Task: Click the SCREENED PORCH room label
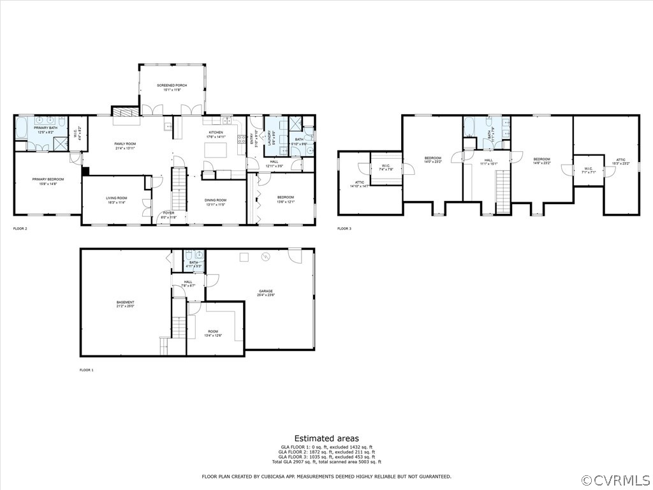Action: (x=172, y=85)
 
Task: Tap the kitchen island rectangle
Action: (x=215, y=151)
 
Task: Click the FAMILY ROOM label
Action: (x=125, y=144)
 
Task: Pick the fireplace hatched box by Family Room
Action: (x=125, y=112)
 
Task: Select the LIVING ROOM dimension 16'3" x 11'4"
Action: (x=116, y=203)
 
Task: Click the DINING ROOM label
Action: (x=216, y=200)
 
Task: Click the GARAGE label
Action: (x=265, y=291)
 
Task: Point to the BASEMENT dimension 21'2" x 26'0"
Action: (x=125, y=307)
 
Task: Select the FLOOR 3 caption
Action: (x=344, y=228)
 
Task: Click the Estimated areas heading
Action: (x=326, y=438)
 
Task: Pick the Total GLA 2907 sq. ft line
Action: (x=326, y=461)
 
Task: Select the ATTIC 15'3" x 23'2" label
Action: (x=620, y=162)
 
